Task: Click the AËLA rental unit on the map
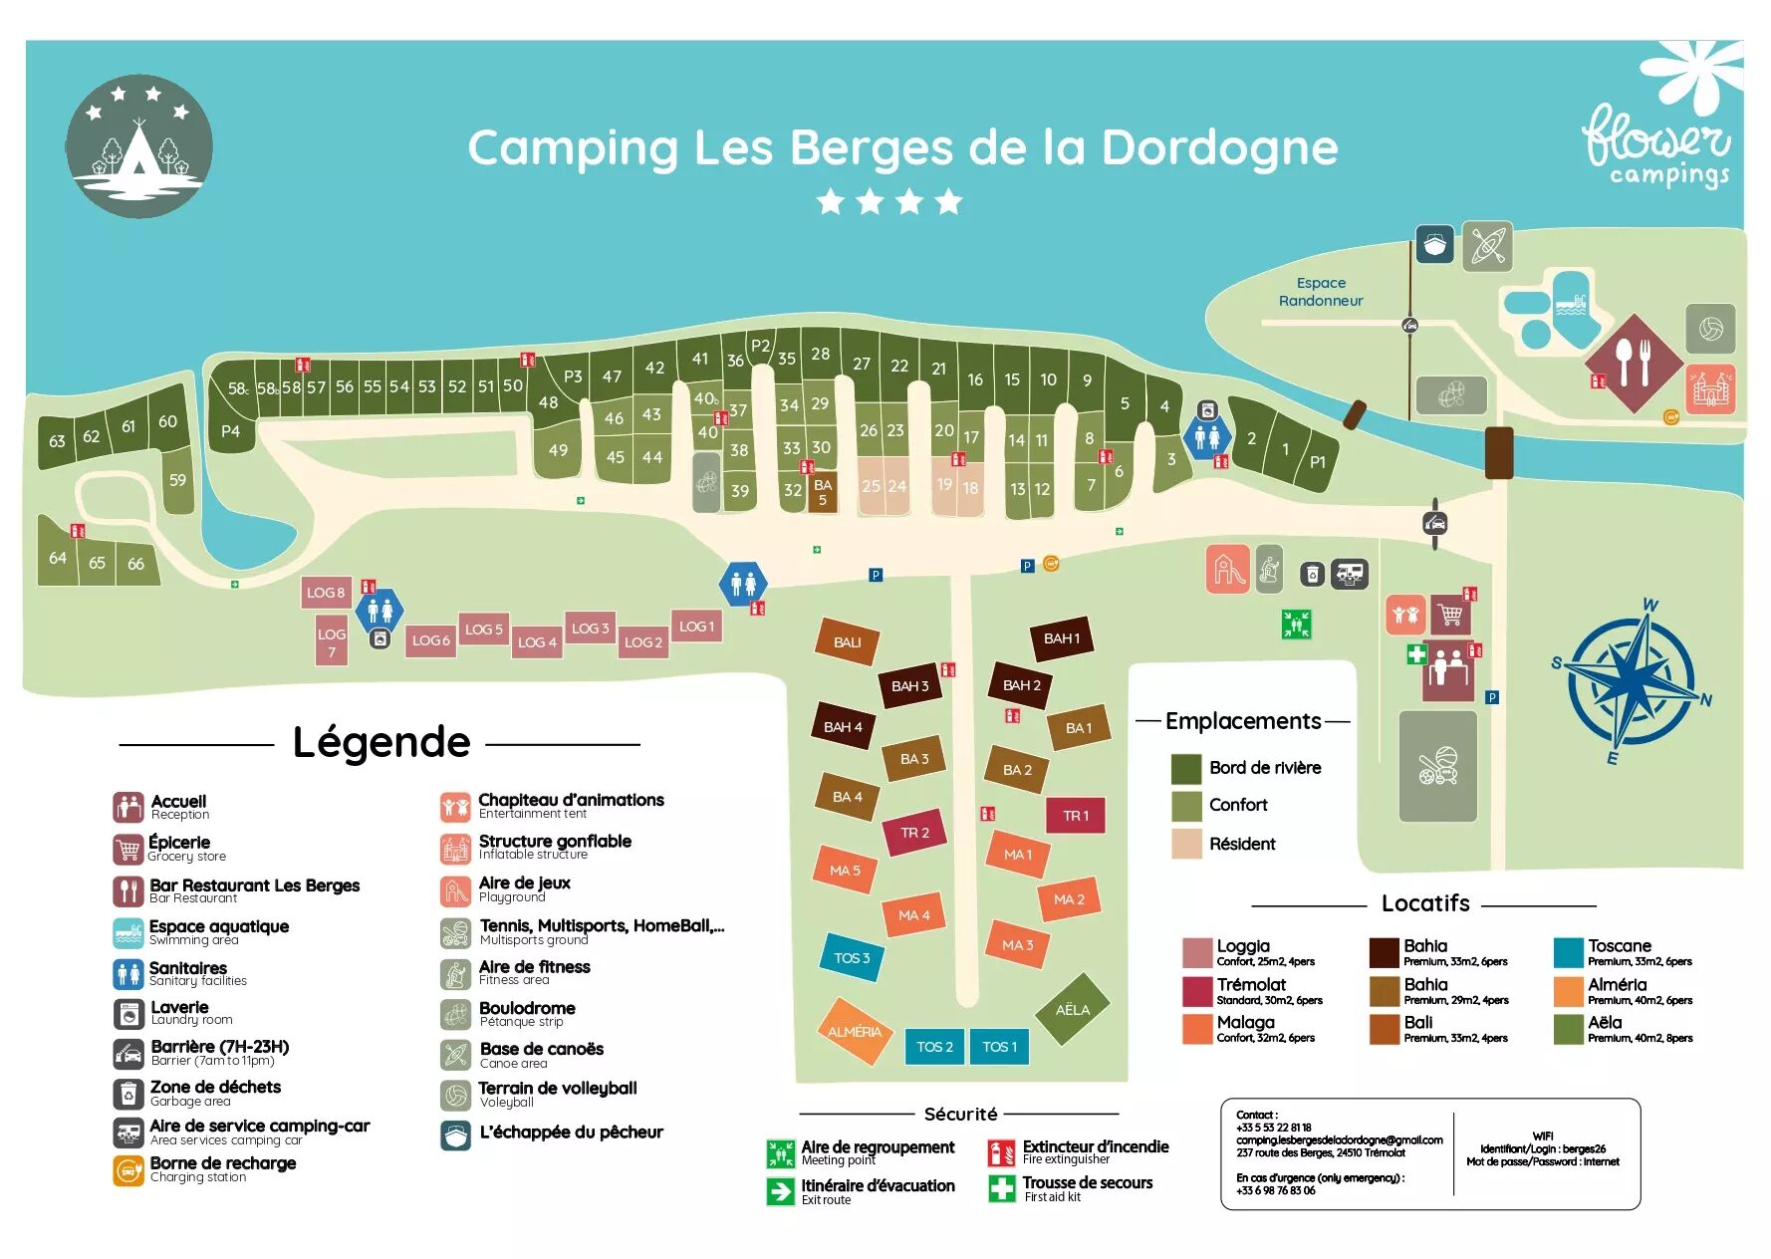tap(1072, 1009)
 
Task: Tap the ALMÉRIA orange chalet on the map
tap(854, 1031)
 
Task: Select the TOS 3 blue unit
tap(852, 957)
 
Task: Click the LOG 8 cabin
tap(326, 592)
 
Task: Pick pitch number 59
tap(177, 479)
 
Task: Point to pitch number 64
tap(58, 558)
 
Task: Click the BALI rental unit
tap(847, 641)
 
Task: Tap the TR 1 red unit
tap(1076, 815)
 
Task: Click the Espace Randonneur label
tap(1321, 292)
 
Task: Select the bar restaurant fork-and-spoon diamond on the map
tap(1634, 364)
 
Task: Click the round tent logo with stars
tap(139, 146)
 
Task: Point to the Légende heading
tap(380, 742)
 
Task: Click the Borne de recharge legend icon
tap(128, 1169)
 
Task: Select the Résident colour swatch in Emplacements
tap(1186, 844)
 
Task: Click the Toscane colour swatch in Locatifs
tap(1568, 952)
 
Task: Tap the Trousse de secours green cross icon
tap(1001, 1188)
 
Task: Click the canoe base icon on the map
tap(1487, 246)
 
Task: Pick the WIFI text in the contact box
tap(1542, 1135)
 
